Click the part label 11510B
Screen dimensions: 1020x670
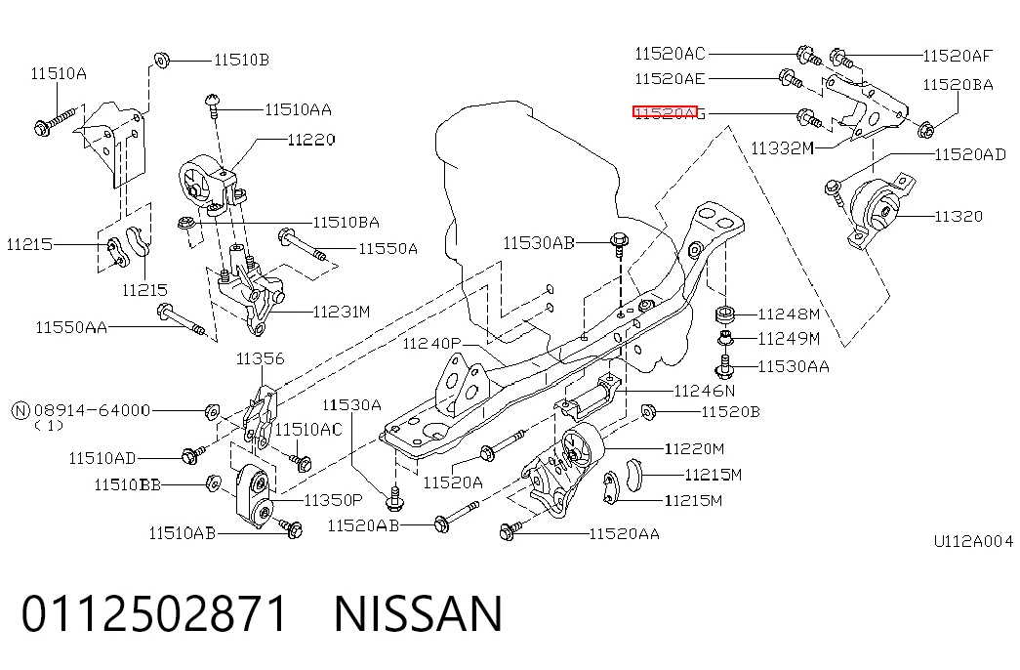241,60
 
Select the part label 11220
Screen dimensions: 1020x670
311,140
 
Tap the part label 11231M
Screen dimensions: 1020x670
342,312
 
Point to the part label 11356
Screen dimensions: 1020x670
261,358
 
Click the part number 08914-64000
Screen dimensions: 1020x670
92,410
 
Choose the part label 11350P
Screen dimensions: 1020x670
333,500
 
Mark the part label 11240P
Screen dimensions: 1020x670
432,343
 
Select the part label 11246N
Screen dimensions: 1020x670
705,391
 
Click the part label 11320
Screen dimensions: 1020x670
959,216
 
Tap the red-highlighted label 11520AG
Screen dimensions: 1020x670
669,113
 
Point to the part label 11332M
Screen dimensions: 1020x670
782,148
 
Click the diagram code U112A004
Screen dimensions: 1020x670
974,541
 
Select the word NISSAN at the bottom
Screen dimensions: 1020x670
419,613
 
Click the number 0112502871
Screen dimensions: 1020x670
154,613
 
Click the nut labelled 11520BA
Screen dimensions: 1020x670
925,129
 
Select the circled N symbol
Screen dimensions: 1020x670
20,411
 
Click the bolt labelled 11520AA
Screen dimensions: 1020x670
510,530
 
